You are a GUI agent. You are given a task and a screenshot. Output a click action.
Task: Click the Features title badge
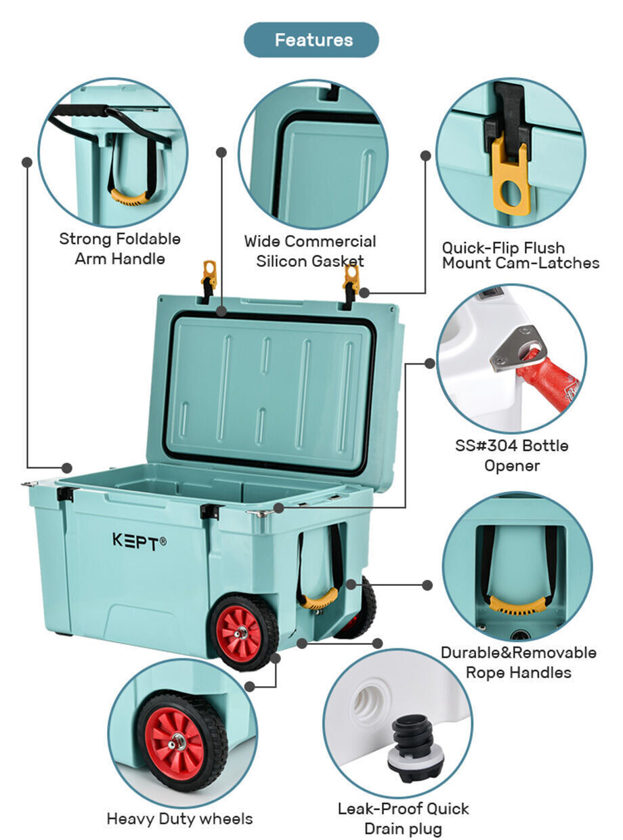pyautogui.click(x=311, y=40)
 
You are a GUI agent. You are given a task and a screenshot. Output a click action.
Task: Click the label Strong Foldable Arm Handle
pyautogui.click(x=120, y=249)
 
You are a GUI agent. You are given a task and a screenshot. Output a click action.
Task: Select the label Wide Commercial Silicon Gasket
pyautogui.click(x=310, y=251)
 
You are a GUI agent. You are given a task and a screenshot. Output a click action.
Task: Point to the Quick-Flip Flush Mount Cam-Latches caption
pyautogui.click(x=521, y=255)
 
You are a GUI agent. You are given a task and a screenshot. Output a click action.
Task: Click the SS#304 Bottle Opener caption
pyautogui.click(x=512, y=455)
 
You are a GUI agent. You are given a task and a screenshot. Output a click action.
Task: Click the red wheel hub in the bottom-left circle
pyautogui.click(x=175, y=744)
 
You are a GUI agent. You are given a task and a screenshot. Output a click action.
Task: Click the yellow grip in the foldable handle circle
pyautogui.click(x=129, y=197)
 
